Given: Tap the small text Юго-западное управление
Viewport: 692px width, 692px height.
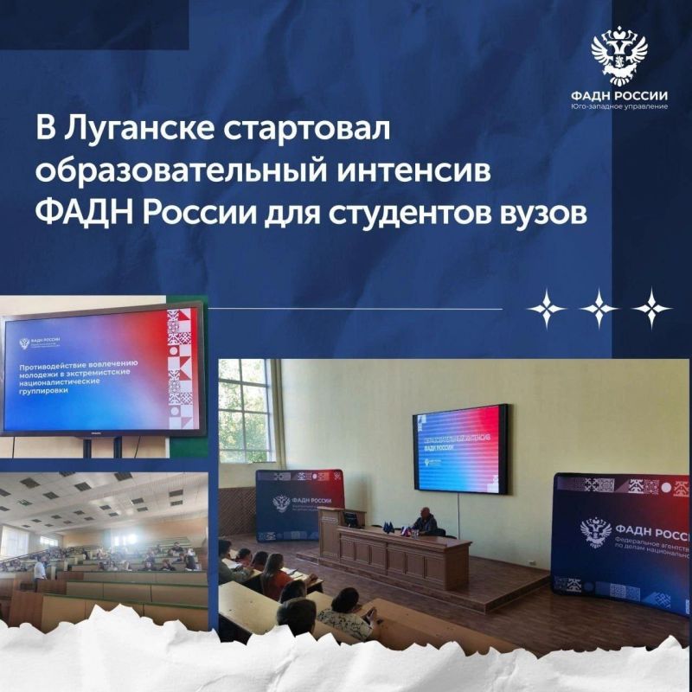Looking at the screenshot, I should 619,107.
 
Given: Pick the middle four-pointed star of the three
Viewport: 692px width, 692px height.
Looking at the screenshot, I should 599,309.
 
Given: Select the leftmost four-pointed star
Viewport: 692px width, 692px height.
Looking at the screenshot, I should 548,309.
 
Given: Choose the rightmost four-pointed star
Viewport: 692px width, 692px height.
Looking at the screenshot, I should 651,309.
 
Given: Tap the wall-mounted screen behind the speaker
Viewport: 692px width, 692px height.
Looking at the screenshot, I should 459,448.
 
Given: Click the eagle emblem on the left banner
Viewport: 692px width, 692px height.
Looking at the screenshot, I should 281,503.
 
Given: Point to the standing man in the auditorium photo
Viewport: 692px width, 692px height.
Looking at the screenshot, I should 39,569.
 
